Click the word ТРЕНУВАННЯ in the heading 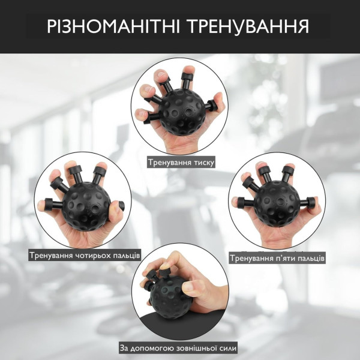pyautogui.click(x=249, y=26)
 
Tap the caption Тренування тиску pyautogui.click(x=181, y=163)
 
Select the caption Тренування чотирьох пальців pyautogui.click(x=85, y=256)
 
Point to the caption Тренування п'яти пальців pyautogui.click(x=277, y=258)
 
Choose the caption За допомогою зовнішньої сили pyautogui.click(x=178, y=348)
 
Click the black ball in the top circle pyautogui.click(x=182, y=112)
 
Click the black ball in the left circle pyautogui.click(x=86, y=206)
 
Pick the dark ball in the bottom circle pyautogui.click(x=166, y=298)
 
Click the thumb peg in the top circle pyautogui.click(x=211, y=105)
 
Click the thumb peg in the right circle pyautogui.click(x=308, y=202)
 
